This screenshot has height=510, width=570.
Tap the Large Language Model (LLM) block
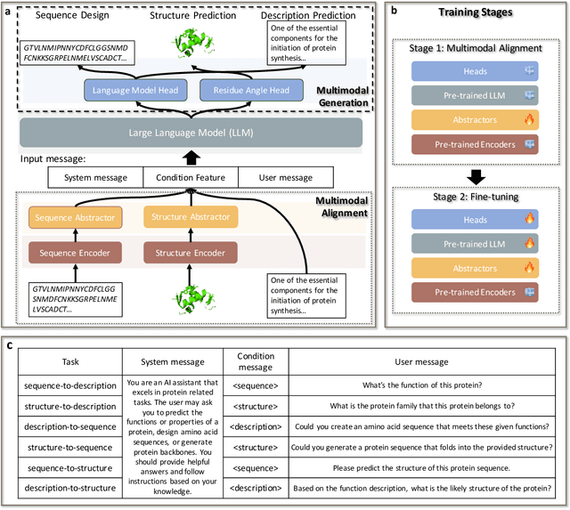pos(191,133)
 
